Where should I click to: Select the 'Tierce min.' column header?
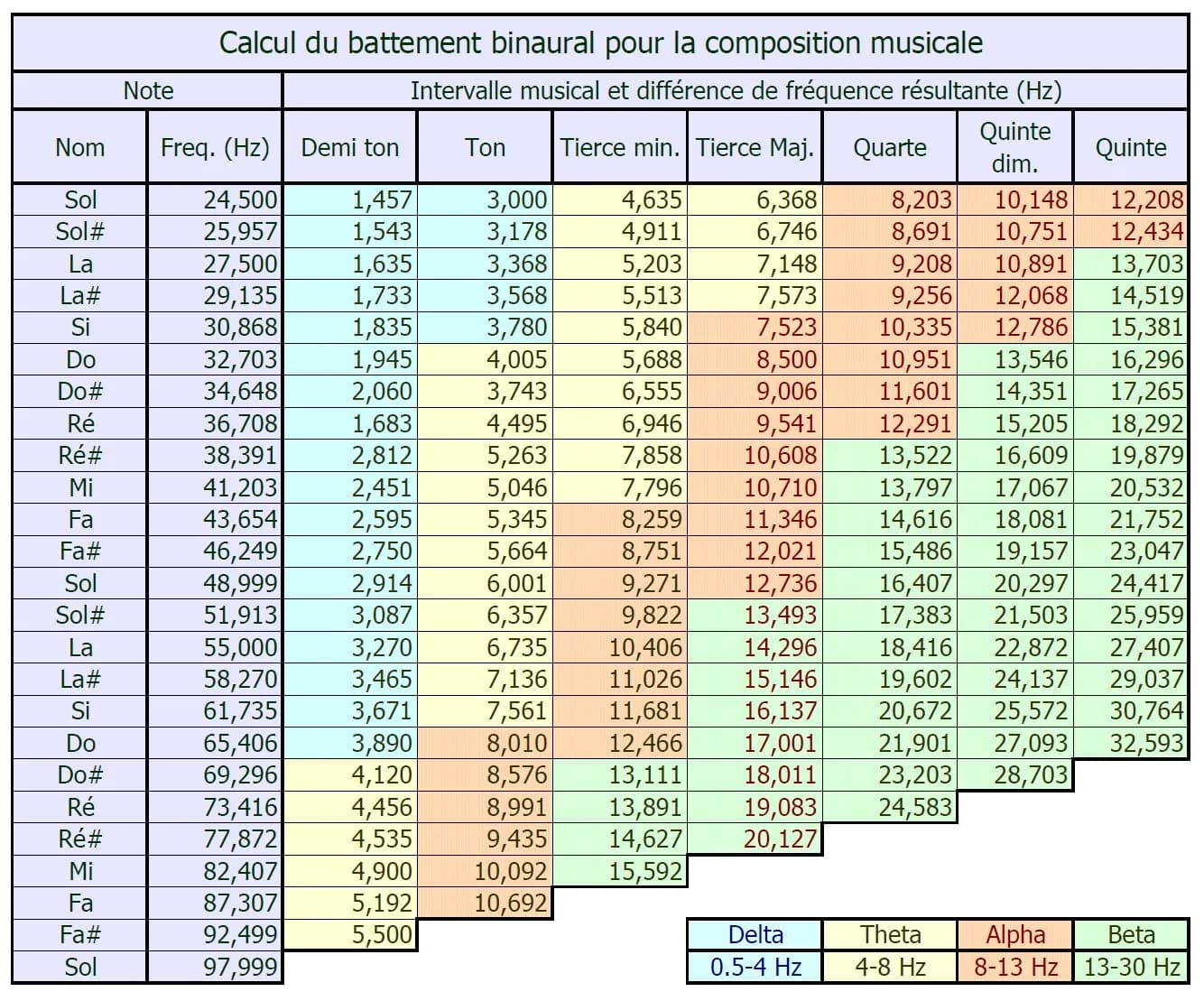[620, 148]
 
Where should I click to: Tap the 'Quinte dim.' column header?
[1014, 148]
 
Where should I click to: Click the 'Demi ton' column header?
[350, 148]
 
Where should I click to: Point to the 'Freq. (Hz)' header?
[215, 148]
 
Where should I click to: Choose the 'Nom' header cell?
[80, 148]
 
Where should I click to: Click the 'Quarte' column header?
[890, 148]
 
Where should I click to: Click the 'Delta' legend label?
[755, 935]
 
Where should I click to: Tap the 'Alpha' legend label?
[1015, 935]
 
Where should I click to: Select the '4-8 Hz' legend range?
[890, 967]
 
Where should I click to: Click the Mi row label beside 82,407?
[80, 871]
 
